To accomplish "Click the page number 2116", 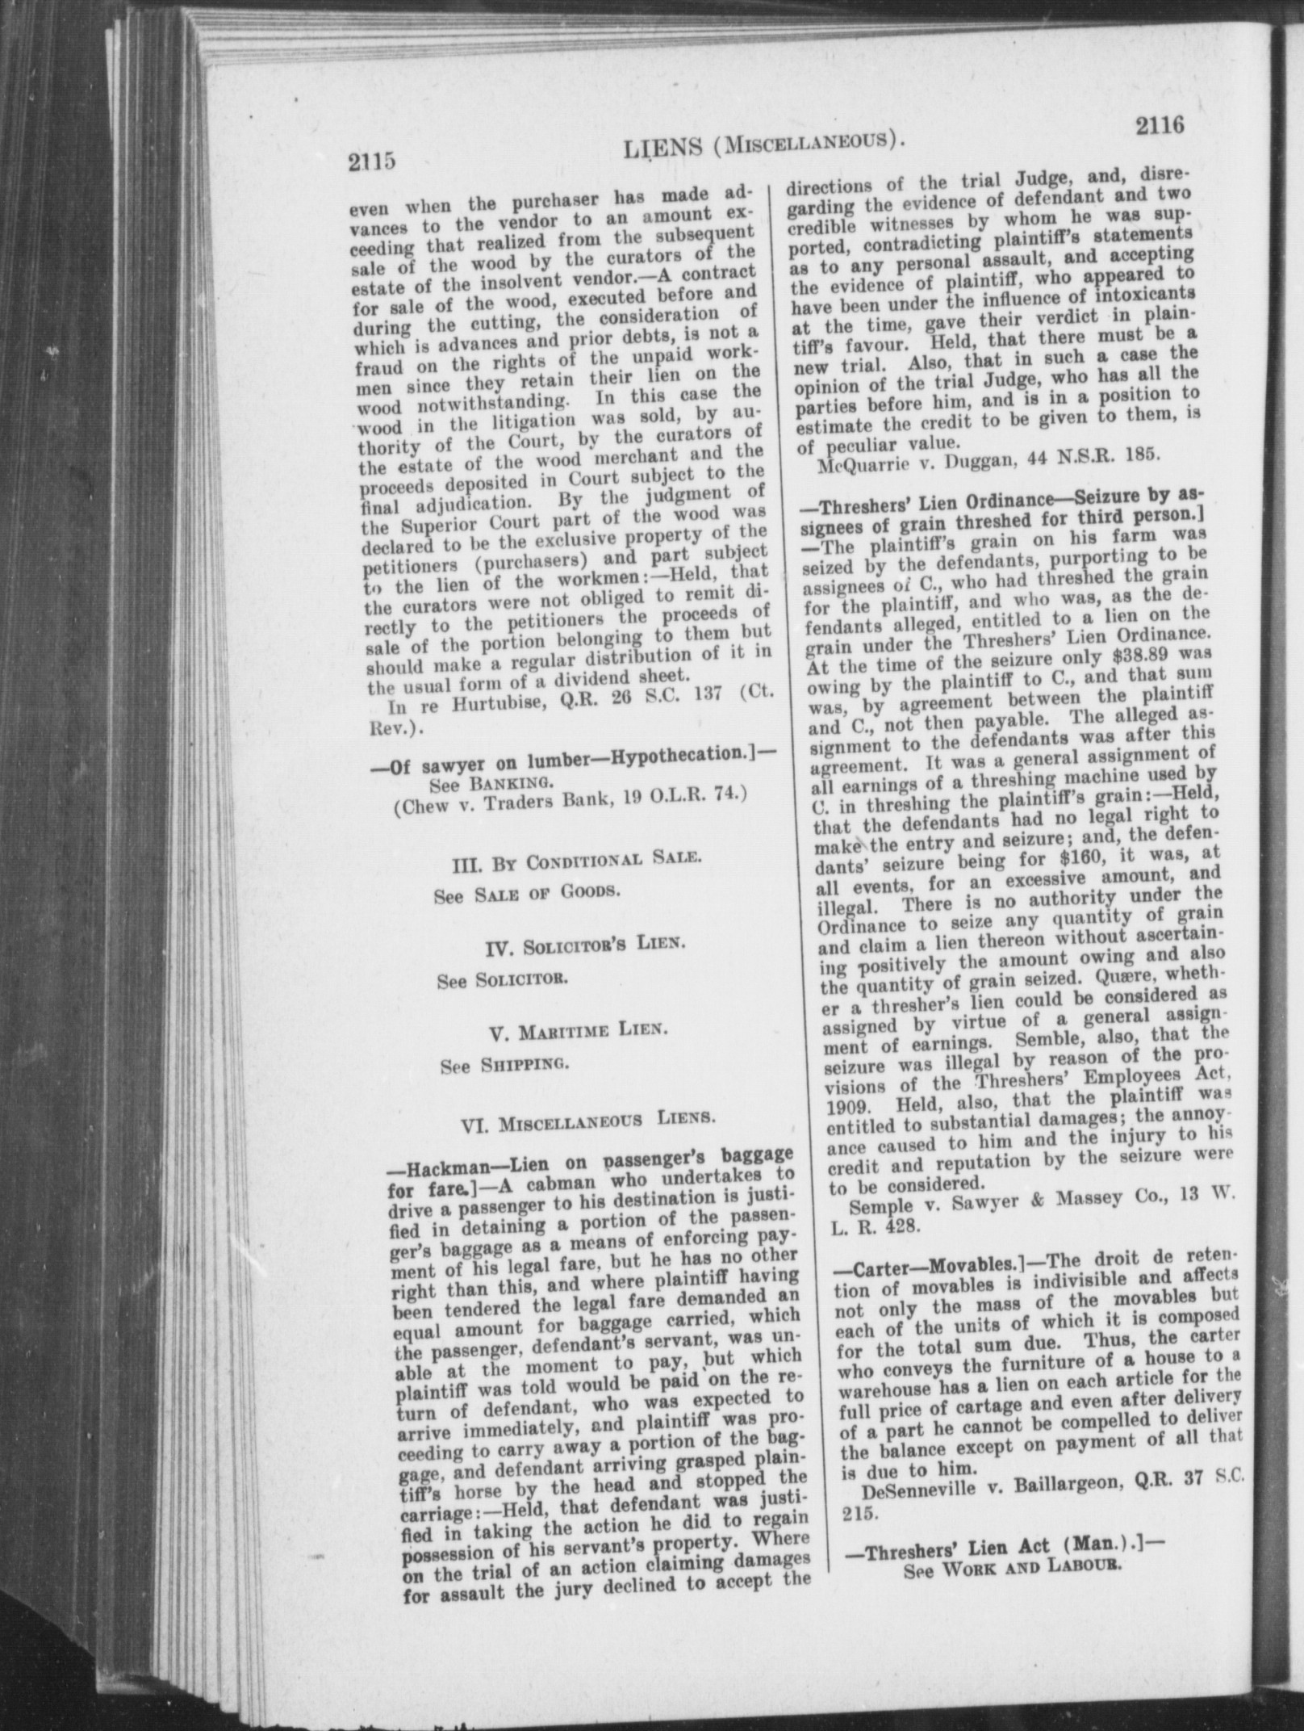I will pos(1160,126).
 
